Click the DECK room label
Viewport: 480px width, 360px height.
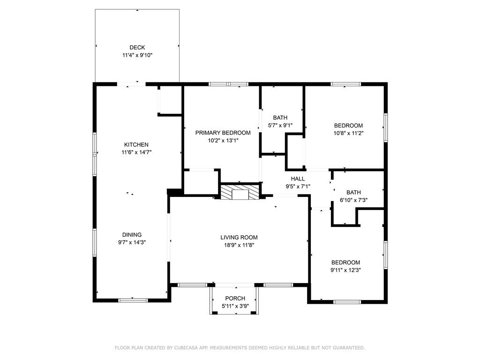tap(137, 47)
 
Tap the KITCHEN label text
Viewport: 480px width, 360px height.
tap(136, 144)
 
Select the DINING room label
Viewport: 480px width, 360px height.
tap(132, 235)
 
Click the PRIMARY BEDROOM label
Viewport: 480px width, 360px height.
tap(223, 133)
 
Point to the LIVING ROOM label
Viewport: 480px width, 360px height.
tap(239, 237)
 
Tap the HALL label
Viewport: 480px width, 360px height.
tap(298, 179)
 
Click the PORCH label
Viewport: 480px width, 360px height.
tap(235, 298)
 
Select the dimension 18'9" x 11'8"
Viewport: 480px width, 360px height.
tap(239, 245)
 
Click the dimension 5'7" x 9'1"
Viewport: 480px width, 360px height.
tap(280, 125)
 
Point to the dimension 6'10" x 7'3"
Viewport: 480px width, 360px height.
tap(353, 200)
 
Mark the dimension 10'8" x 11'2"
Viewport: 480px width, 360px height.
tap(348, 133)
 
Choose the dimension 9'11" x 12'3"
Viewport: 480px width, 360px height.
tap(345, 270)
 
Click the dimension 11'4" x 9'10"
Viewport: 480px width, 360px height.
tap(137, 55)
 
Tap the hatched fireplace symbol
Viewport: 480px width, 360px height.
tap(240, 192)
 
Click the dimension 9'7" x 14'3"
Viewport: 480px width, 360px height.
tap(132, 242)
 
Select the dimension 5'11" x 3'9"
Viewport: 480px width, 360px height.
tap(235, 306)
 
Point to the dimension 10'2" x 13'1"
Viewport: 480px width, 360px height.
tap(223, 141)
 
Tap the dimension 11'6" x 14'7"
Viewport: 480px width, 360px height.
tap(136, 152)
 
